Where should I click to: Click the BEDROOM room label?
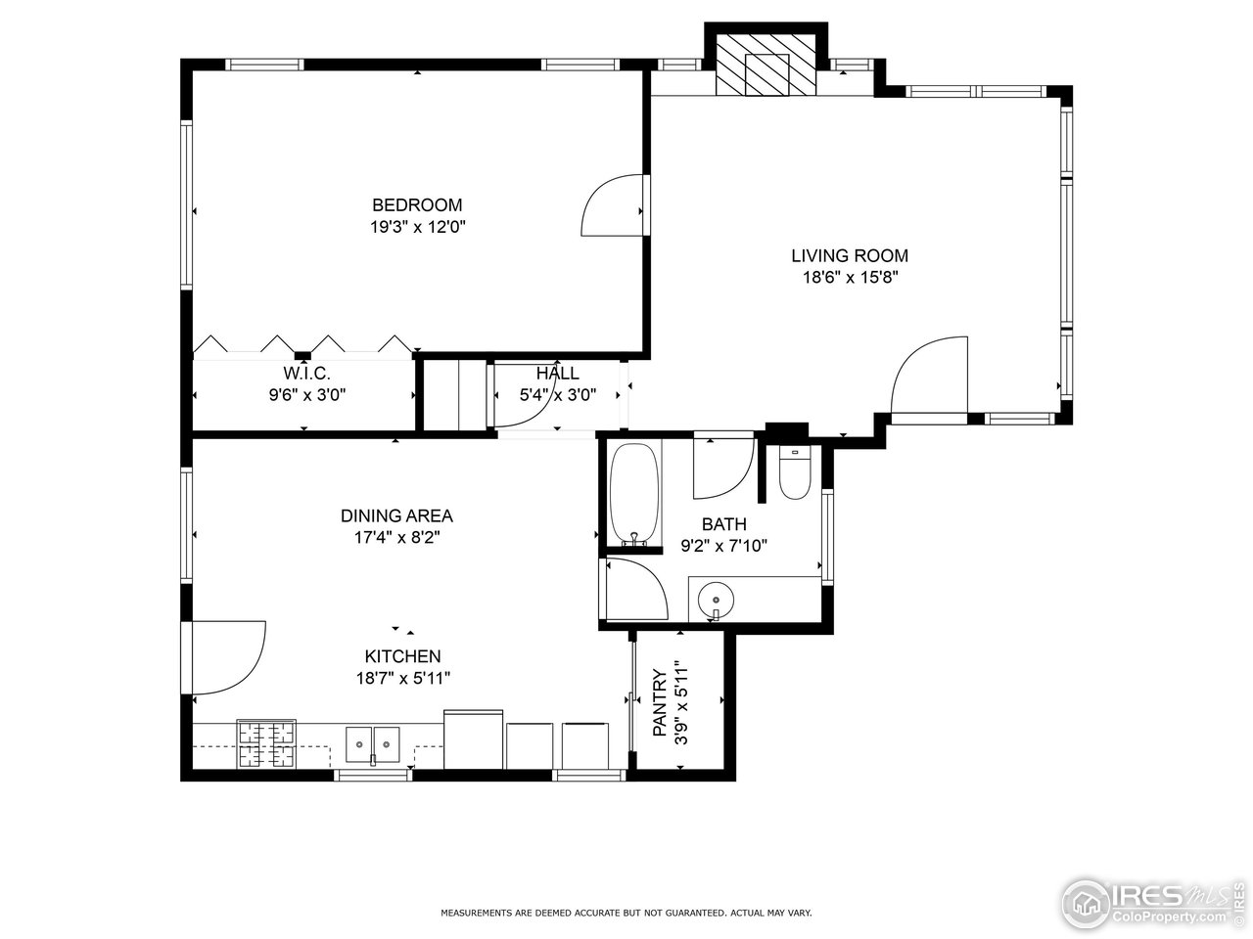pyautogui.click(x=416, y=205)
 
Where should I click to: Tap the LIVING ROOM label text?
pyautogui.click(x=849, y=256)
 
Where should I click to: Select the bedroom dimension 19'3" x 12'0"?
pyautogui.click(x=416, y=227)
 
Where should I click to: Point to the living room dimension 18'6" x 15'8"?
pyautogui.click(x=849, y=278)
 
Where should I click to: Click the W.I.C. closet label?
pyautogui.click(x=306, y=374)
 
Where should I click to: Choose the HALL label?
pyautogui.click(x=556, y=374)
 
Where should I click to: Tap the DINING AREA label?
pyautogui.click(x=396, y=516)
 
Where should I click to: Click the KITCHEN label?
pyautogui.click(x=402, y=656)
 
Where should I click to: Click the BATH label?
pyautogui.click(x=723, y=525)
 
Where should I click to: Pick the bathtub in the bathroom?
pyautogui.click(x=635, y=495)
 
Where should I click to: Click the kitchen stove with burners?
pyautogui.click(x=266, y=744)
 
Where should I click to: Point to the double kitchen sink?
pyautogui.click(x=373, y=744)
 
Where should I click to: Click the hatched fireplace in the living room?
pyautogui.click(x=766, y=67)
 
